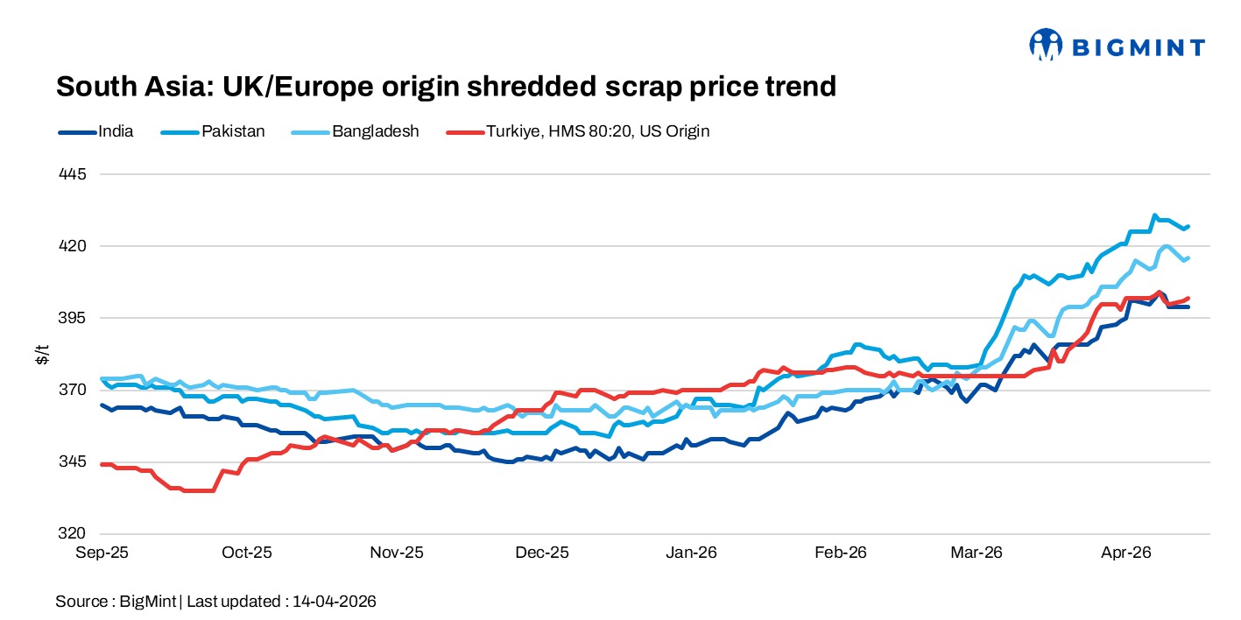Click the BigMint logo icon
pos(1046,45)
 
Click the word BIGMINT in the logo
pos(1137,47)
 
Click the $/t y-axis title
pos(41,354)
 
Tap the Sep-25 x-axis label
pos(102,553)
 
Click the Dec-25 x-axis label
pos(543,553)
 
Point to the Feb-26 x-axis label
pos(841,553)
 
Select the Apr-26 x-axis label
pos(1125,553)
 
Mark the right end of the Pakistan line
pos(1188,227)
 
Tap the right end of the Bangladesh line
pos(1188,258)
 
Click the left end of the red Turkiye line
pos(102,464)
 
